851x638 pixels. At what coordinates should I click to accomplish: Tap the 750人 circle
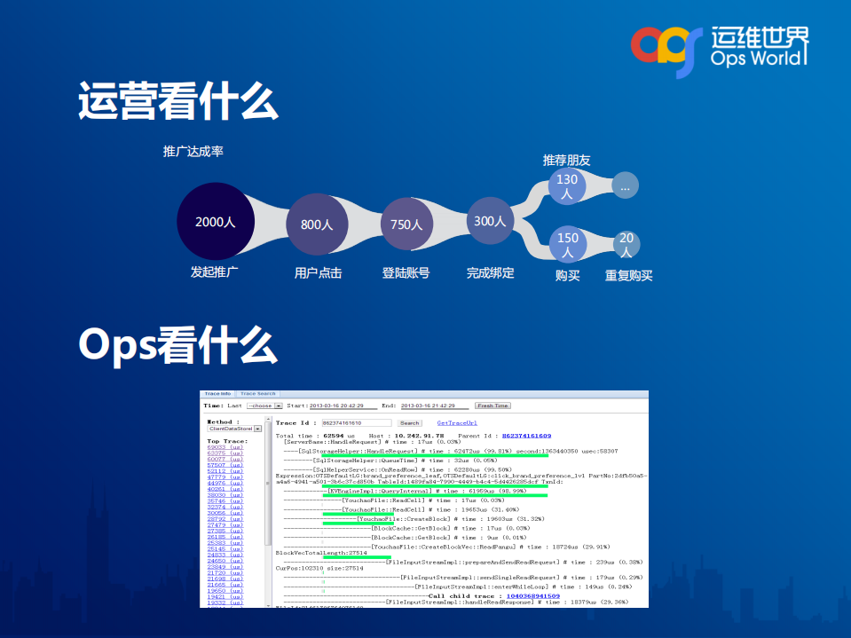406,224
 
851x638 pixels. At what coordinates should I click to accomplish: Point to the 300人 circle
491,221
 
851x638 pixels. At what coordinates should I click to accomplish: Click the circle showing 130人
567,186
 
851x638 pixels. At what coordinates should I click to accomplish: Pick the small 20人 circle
626,244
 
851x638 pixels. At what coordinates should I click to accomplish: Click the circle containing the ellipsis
625,186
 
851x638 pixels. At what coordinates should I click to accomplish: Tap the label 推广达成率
193,152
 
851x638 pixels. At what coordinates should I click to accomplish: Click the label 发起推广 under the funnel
215,273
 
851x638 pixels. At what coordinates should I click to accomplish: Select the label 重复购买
628,276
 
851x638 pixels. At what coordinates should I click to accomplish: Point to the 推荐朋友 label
567,161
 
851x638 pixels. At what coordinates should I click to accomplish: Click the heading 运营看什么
177,101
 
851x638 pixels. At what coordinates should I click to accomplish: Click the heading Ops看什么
177,343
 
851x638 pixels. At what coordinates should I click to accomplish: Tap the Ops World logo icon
666,49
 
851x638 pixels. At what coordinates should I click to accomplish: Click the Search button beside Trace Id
409,423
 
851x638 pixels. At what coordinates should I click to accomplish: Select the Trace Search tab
258,393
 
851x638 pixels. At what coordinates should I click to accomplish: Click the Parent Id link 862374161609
526,436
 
